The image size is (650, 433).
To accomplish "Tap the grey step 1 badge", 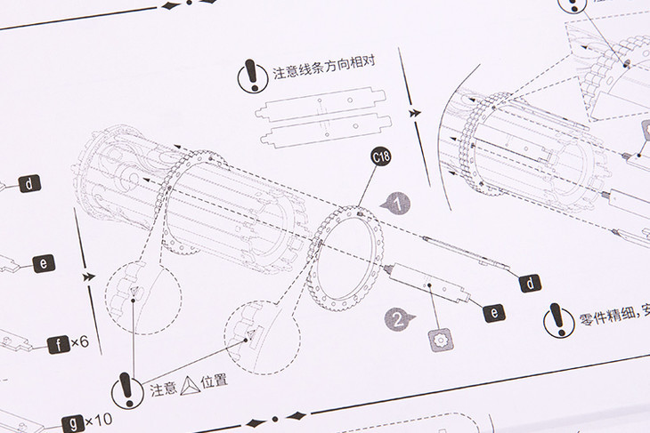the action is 396,204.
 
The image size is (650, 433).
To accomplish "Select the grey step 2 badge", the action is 397,317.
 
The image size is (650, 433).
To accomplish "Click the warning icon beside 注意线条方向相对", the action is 253,76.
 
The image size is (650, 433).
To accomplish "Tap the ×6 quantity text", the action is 81,341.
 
